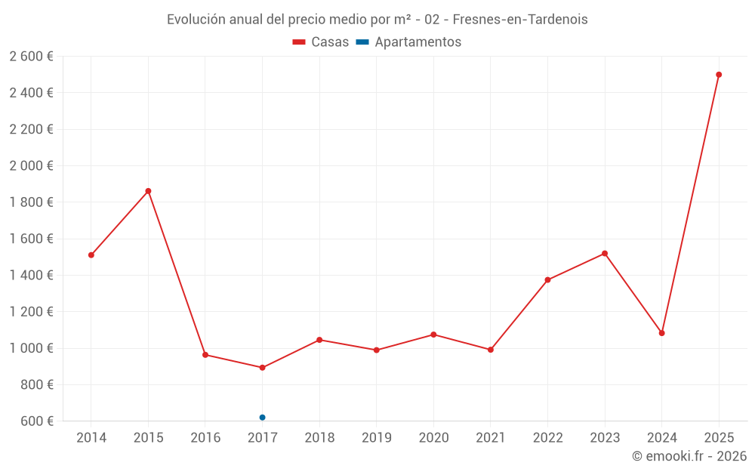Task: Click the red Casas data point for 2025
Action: (719, 75)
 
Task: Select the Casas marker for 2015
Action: (148, 191)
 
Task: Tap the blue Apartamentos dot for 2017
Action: (262, 418)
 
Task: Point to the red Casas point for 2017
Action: (262, 368)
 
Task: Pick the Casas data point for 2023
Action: (605, 254)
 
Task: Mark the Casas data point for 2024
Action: (662, 333)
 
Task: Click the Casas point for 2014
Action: (91, 255)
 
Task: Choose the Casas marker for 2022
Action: (547, 280)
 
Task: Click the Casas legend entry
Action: (321, 42)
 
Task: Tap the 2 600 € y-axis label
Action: (31, 57)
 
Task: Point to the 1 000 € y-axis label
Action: (31, 348)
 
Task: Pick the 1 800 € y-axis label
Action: (31, 202)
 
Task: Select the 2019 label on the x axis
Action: (376, 438)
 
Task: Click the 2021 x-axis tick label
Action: (490, 438)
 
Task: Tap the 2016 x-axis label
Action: (205, 438)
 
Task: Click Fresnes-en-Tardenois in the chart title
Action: (520, 20)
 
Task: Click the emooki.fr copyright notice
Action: (689, 456)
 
